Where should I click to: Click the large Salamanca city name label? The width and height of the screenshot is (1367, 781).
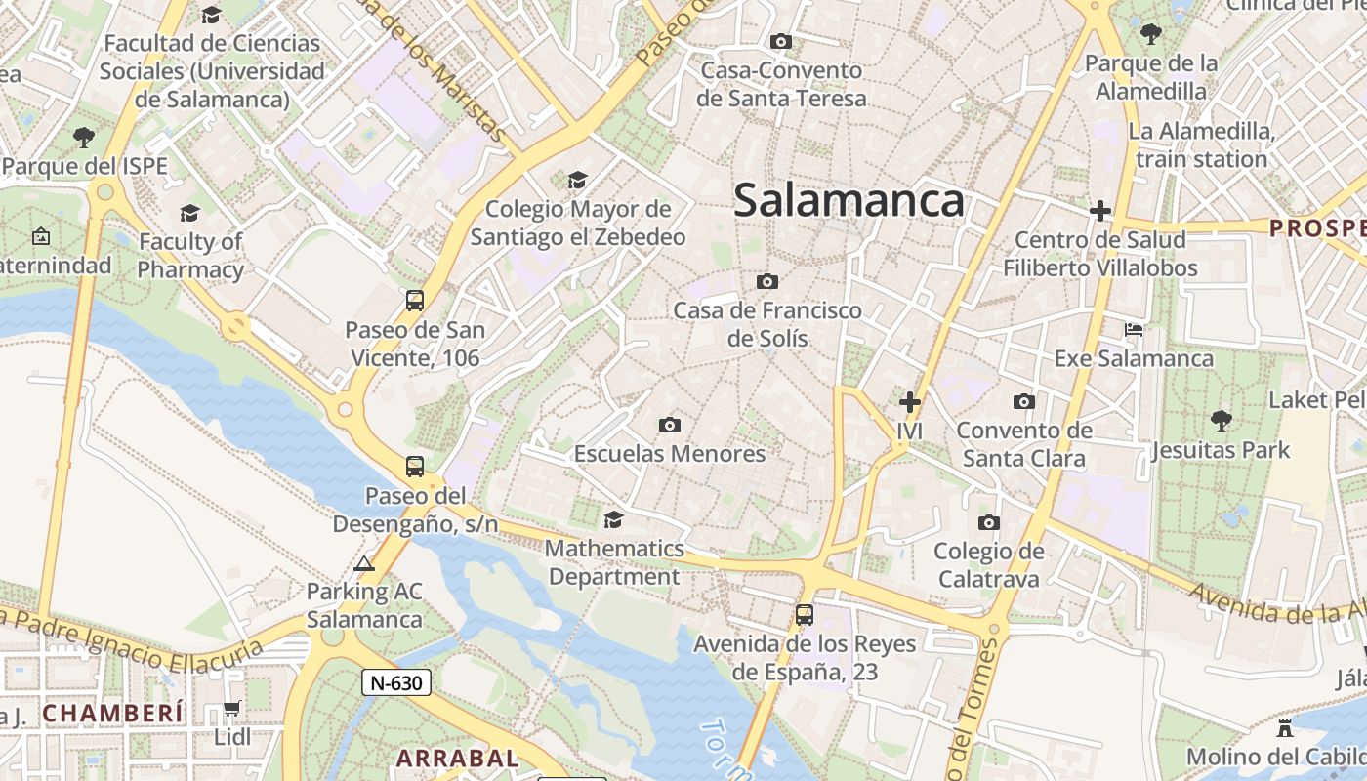coord(849,201)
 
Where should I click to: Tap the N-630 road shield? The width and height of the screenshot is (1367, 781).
coord(396,682)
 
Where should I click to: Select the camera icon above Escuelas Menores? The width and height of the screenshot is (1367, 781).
coord(670,425)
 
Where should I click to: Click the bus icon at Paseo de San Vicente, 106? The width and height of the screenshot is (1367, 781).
coord(415,300)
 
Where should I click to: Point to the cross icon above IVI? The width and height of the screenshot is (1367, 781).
coord(910,401)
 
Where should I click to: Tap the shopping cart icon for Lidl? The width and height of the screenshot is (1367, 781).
coord(232,708)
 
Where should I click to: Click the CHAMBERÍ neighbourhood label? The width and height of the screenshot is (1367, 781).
coord(112,713)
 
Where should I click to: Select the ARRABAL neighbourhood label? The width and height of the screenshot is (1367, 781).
coord(457,758)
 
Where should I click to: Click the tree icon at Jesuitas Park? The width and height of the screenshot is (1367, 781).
coord(1221,421)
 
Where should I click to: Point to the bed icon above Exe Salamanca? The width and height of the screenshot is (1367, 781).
coord(1134,329)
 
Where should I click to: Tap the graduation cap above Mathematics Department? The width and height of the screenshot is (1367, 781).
coord(613,519)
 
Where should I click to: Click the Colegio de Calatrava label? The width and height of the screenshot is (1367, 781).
coord(988,564)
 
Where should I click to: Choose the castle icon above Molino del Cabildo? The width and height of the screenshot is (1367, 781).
coord(1285,727)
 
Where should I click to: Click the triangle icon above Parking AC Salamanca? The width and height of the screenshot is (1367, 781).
coord(364,563)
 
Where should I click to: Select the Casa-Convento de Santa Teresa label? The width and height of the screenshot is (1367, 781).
coord(781,84)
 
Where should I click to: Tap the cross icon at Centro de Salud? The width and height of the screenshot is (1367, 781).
coord(1100,210)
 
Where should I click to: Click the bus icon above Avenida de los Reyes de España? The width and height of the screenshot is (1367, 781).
coord(805,615)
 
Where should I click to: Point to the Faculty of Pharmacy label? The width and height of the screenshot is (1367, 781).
coord(190,255)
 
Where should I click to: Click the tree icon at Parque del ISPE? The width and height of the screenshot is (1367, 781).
coord(84,137)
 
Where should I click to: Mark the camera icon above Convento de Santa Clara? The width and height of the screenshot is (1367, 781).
coord(1023,401)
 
